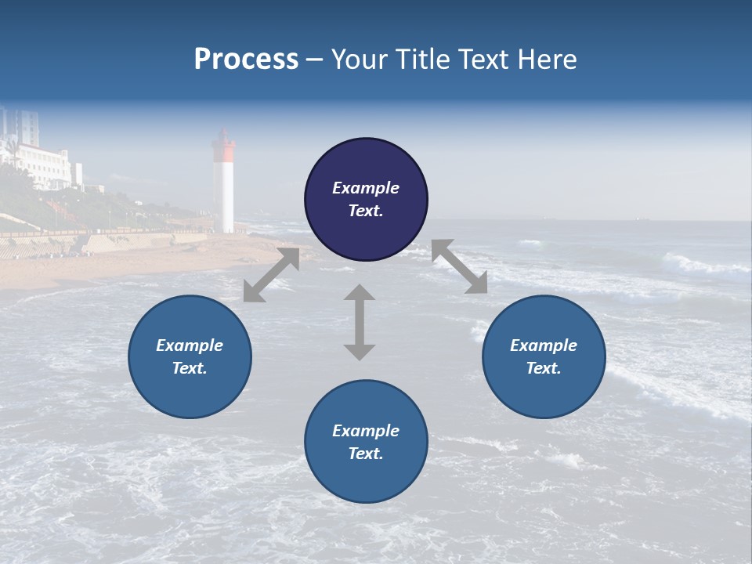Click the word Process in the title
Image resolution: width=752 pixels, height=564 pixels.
[246, 60]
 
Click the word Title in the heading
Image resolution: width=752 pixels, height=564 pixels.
[421, 60]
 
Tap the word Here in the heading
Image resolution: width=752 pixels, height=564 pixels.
[546, 60]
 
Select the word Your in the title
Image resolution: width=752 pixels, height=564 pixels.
[360, 60]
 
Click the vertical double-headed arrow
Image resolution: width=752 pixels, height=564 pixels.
[360, 322]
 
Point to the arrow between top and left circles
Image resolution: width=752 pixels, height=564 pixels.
[271, 275]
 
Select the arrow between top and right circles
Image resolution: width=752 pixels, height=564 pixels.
[459, 266]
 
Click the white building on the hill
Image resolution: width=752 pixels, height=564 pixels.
[47, 164]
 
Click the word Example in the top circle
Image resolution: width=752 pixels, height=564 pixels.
[366, 188]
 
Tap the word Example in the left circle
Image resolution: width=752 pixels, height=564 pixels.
[190, 345]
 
